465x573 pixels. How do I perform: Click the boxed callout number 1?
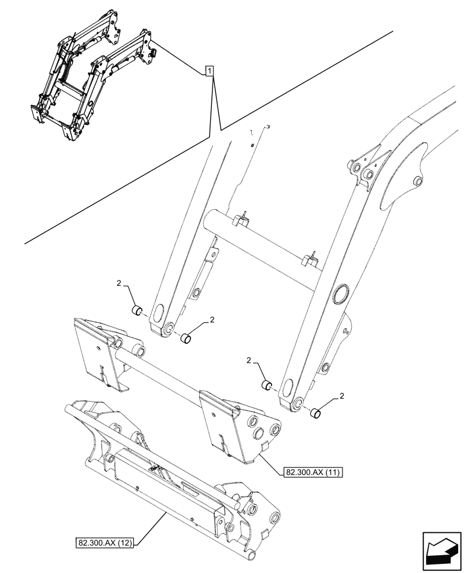tap(210, 71)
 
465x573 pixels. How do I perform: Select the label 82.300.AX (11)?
tap(312, 473)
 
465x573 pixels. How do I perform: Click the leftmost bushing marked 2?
tap(137, 311)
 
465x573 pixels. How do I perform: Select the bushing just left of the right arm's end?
tap(266, 385)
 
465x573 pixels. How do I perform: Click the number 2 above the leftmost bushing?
tap(119, 283)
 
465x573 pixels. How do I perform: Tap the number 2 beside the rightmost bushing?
tap(342, 395)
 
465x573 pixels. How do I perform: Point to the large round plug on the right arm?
tap(342, 293)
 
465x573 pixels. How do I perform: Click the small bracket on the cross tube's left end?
tap(241, 217)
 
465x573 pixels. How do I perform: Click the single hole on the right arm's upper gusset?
tap(417, 182)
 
